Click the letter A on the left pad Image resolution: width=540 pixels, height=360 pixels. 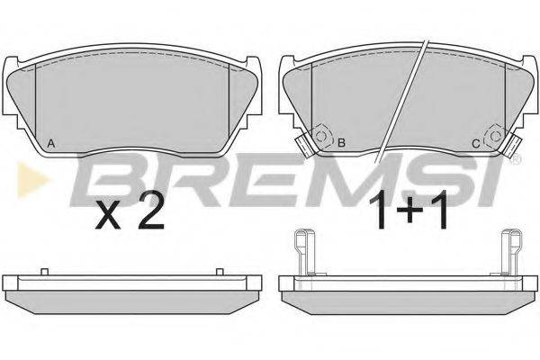tap(51, 143)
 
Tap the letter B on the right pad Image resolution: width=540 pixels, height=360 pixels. tap(341, 143)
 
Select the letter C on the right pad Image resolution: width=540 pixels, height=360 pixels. tap(475, 143)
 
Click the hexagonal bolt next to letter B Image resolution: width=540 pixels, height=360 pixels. tap(322, 137)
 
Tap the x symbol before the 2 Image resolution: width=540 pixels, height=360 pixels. tap(107, 216)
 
